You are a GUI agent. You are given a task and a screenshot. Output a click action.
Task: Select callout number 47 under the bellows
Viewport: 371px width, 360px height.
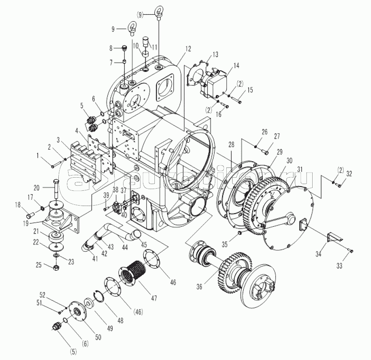coord(153,298)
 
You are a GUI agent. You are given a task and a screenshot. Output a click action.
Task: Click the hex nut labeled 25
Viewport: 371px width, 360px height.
coord(57,268)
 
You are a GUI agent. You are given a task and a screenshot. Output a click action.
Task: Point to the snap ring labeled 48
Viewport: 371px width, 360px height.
coord(99,298)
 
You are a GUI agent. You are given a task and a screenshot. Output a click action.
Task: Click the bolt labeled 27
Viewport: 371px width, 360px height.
coord(266,150)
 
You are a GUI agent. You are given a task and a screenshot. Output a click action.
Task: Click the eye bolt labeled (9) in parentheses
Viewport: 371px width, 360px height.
coord(159,11)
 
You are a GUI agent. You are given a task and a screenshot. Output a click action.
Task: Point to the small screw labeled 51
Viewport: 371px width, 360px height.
coord(60,312)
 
